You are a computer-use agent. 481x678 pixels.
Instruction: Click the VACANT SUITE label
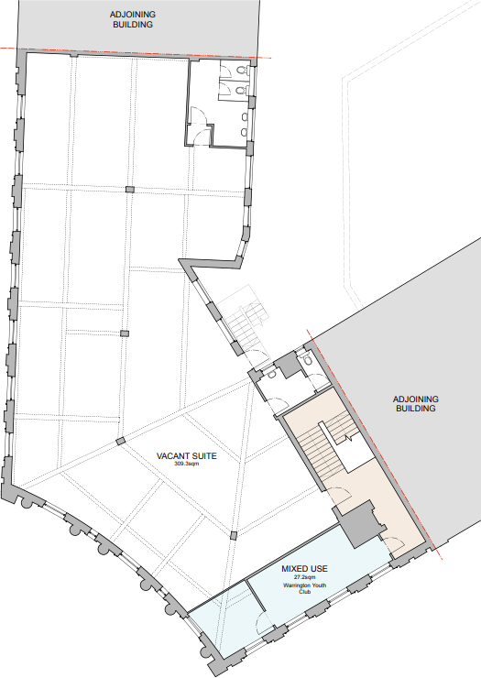point(187,455)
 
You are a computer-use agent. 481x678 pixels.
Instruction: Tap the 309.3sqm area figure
point(187,465)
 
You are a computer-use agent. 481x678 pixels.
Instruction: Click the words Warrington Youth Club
point(306,588)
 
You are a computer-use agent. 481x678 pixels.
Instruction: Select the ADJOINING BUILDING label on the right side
point(416,404)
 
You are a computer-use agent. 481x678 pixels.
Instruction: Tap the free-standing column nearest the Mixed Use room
point(234,535)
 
